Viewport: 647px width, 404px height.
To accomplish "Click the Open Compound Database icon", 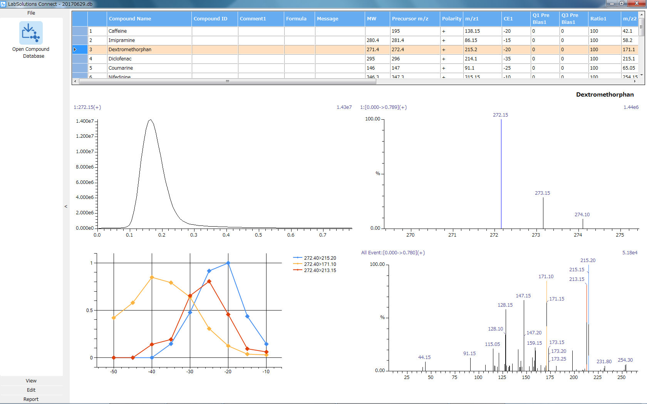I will (x=31, y=33).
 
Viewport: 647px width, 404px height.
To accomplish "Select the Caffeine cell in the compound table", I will (x=118, y=31).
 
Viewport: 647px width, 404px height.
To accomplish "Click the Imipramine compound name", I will (x=122, y=40).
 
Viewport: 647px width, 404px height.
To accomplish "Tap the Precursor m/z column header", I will (x=410, y=18).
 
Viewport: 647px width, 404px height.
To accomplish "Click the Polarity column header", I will (x=451, y=18).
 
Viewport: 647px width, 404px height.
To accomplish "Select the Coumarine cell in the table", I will (x=121, y=68).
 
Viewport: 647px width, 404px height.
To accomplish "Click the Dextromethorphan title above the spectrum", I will (x=605, y=95).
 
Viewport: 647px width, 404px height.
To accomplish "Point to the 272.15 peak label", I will (x=500, y=115).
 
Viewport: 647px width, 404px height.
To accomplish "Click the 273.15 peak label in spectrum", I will (x=542, y=193).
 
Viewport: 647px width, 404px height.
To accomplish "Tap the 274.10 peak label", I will (x=582, y=215).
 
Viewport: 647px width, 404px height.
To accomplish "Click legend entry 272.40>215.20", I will (x=320, y=258).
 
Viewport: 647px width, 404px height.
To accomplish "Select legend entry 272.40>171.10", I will (x=320, y=264).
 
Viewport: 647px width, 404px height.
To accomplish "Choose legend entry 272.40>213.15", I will (x=320, y=270).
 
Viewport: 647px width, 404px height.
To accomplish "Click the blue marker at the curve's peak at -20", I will (x=228, y=263).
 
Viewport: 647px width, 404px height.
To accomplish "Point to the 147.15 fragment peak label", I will (x=523, y=296).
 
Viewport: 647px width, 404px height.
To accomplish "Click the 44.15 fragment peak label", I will (x=424, y=357).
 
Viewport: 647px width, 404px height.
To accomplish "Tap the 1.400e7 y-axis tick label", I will (x=85, y=121).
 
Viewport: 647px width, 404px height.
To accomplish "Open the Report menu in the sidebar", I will (x=31, y=399).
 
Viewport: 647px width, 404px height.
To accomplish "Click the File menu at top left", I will (x=31, y=13).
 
